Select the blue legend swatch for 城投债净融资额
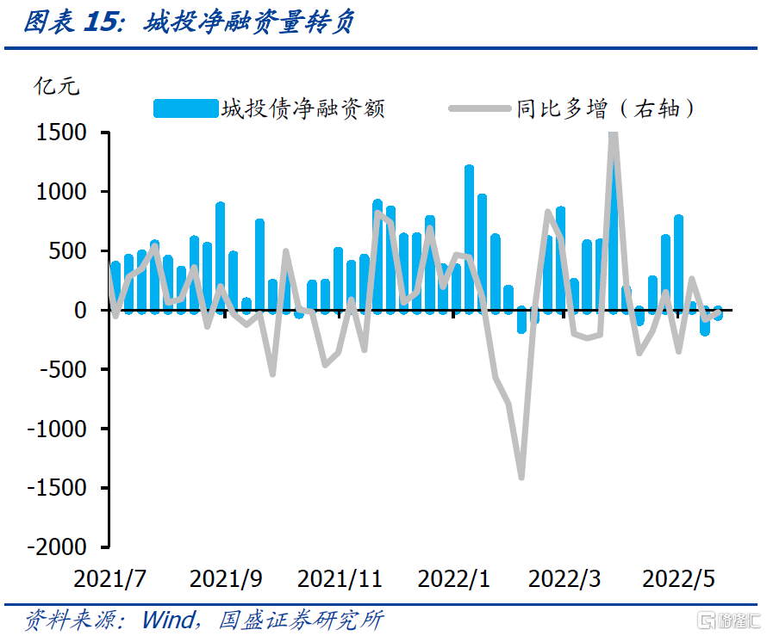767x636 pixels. coord(185,108)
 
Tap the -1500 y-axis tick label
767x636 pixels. coord(59,488)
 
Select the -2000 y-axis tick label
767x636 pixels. coord(59,547)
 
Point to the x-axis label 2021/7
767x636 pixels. coord(109,579)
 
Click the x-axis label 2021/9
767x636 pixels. coord(226,579)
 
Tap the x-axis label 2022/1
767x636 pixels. coord(453,579)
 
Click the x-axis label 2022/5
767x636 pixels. coord(679,579)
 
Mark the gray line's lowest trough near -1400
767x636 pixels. coord(521,475)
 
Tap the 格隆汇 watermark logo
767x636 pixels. coord(728,620)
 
